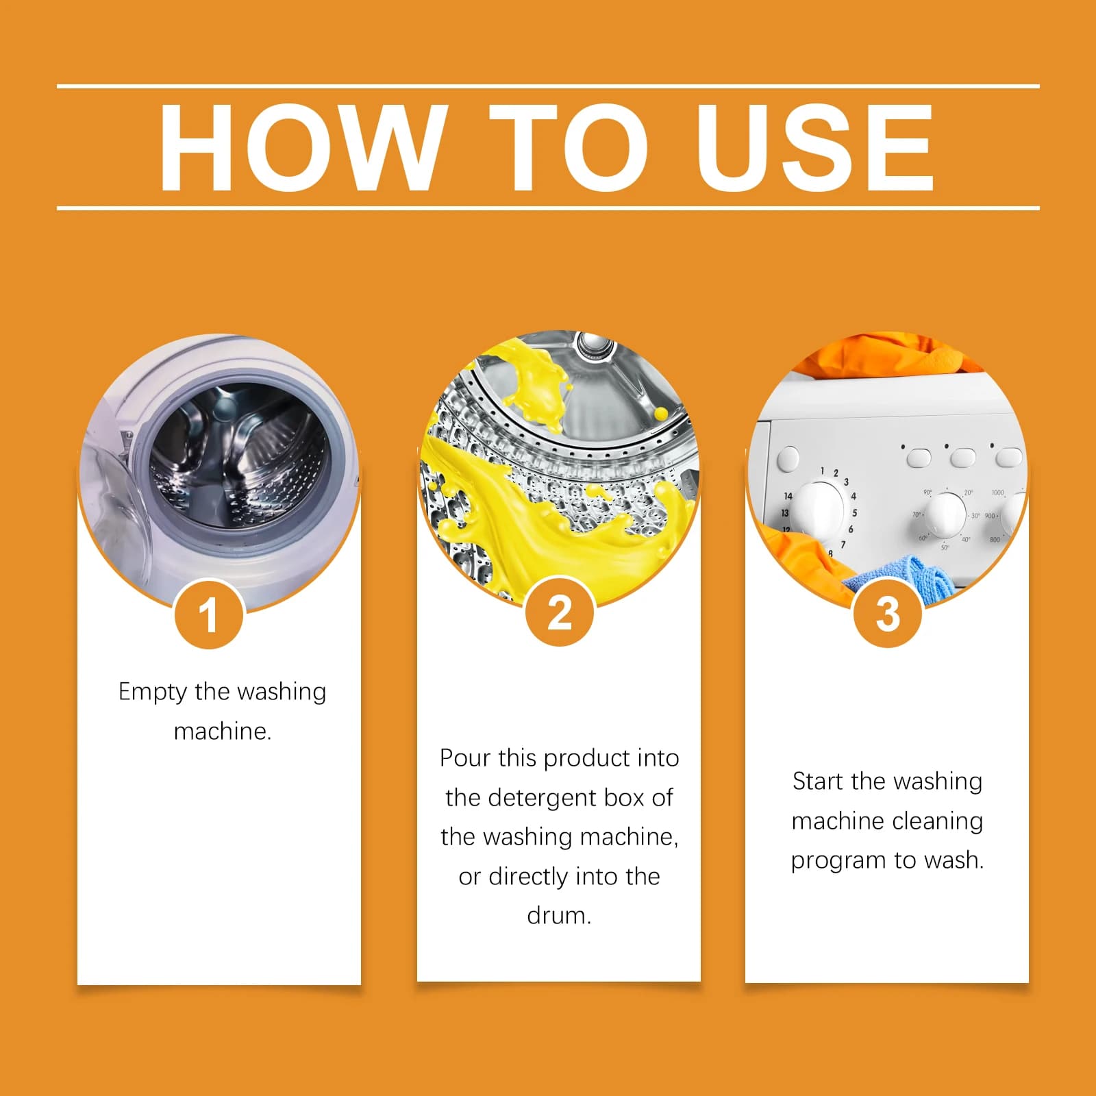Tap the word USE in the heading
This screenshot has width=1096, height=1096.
pos(815,147)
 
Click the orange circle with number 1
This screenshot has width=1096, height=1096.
pos(209,614)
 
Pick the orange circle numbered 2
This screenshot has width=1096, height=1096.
pos(560,612)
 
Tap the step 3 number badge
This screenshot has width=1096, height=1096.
pos(888,613)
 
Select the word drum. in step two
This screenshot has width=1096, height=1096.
pos(559,916)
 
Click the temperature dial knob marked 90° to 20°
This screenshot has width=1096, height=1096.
pos(945,515)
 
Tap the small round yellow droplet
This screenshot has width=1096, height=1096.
pos(660,413)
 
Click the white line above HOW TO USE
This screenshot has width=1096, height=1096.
pos(548,86)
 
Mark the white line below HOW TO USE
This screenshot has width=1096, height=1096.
pos(548,207)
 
